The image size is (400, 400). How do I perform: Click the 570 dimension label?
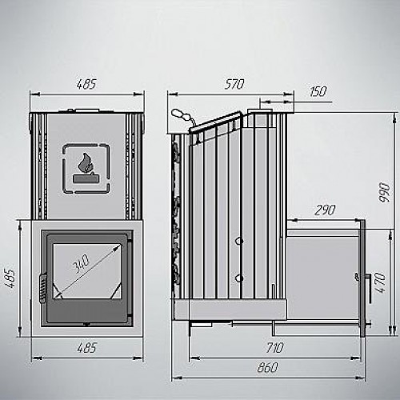point(234,84)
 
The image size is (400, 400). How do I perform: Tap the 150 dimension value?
point(318,91)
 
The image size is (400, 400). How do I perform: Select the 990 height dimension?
point(385,192)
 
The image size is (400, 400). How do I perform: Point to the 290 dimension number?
point(325,210)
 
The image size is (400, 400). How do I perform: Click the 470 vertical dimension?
point(382,282)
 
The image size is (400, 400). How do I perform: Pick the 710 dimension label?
point(275,348)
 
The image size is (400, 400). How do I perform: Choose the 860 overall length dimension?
point(267,367)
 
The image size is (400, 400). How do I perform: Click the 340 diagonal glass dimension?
point(81,264)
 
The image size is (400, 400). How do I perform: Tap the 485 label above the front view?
point(86,84)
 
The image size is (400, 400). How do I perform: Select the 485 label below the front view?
point(86,348)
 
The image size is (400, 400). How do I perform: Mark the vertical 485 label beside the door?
point(10,278)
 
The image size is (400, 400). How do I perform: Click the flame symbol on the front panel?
point(84,163)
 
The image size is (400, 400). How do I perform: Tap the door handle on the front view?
point(42,288)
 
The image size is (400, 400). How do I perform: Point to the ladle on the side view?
point(183,117)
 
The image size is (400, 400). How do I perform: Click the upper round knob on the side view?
point(239,241)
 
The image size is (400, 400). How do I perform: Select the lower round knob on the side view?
point(239,278)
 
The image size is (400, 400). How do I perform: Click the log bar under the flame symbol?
point(83,178)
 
